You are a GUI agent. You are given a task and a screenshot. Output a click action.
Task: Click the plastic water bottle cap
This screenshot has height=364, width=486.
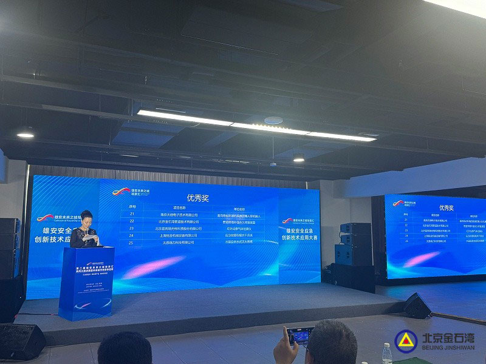tap(387, 346)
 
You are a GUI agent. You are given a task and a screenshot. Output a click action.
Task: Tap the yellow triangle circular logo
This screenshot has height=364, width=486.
tap(405, 341)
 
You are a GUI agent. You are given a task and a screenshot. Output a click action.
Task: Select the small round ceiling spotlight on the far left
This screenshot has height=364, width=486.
tap(26, 134)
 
